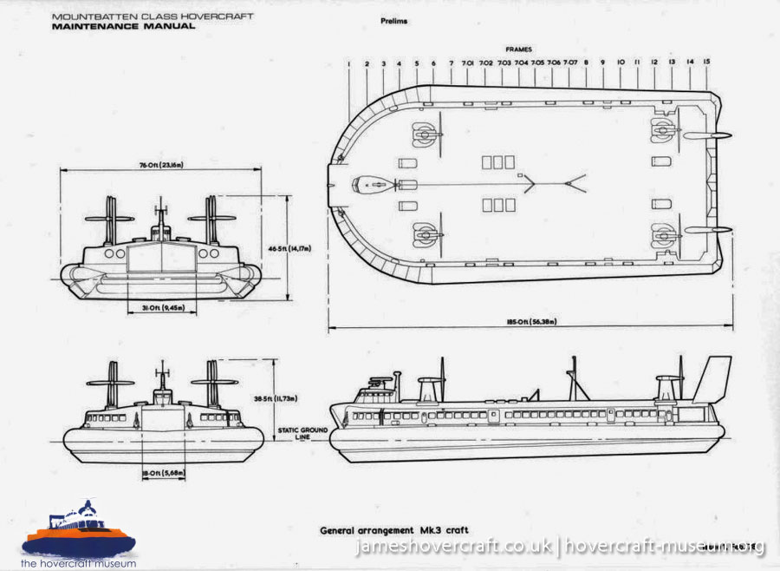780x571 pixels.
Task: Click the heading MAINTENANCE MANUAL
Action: pos(123,26)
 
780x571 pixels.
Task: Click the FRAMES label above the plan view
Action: pos(519,49)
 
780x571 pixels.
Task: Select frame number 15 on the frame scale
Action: pos(706,63)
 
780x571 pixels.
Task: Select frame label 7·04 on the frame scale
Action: pos(521,63)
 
